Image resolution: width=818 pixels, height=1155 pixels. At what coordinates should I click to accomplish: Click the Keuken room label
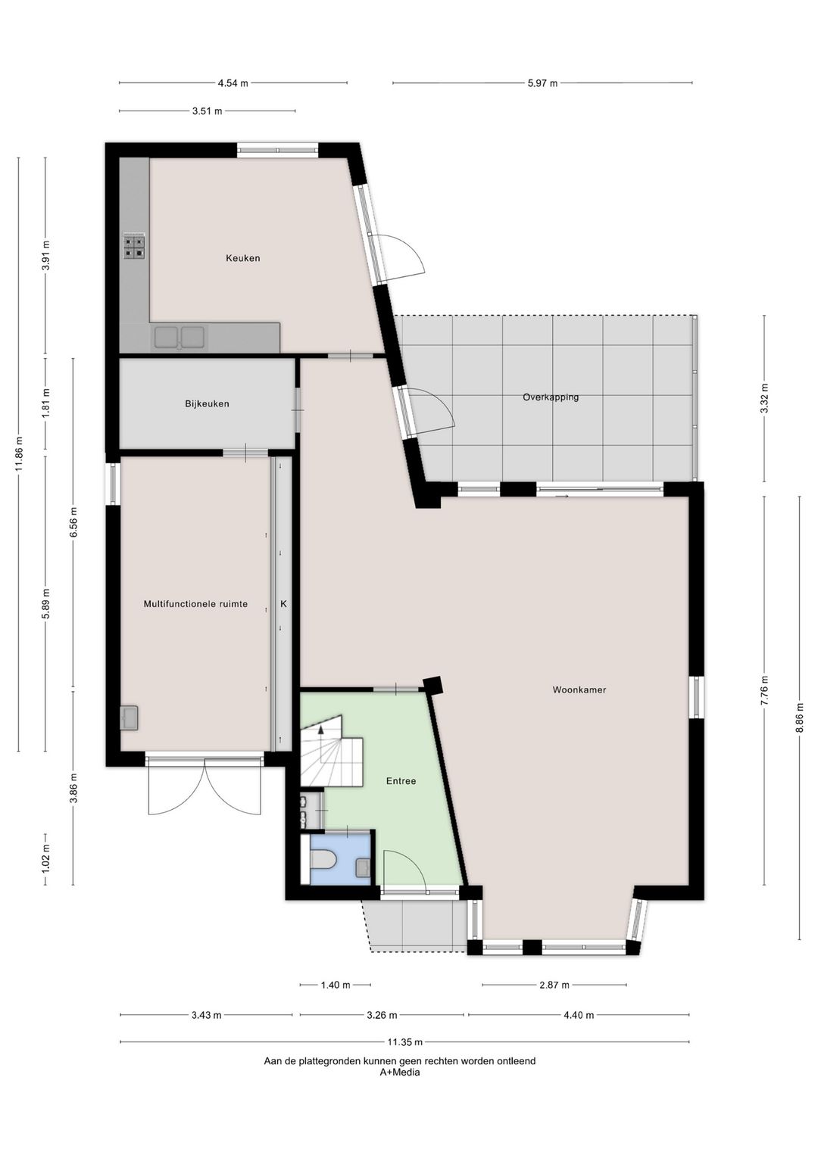click(242, 258)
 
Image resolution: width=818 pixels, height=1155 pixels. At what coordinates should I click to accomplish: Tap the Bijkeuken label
click(207, 404)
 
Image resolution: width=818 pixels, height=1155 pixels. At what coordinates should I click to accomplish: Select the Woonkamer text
click(579, 690)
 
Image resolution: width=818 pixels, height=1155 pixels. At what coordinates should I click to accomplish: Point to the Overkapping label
click(551, 397)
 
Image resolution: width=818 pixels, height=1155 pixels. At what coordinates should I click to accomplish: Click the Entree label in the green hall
click(401, 781)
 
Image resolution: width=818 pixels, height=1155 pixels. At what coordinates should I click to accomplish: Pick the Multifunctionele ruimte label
click(195, 604)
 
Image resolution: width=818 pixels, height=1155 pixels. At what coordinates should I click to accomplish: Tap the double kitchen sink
click(180, 337)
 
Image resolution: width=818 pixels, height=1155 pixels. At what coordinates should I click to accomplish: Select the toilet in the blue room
click(324, 861)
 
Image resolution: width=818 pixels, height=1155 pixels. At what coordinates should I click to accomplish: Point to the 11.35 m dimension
click(404, 1042)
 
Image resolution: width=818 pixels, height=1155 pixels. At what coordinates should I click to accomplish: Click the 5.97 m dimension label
click(542, 83)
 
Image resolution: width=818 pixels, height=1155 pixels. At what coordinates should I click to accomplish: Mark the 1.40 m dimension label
click(335, 985)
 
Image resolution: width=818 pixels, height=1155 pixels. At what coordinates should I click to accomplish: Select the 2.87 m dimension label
click(554, 985)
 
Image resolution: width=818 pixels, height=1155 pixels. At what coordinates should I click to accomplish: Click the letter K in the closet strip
click(283, 604)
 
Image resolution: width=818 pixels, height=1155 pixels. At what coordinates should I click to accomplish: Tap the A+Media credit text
click(399, 1072)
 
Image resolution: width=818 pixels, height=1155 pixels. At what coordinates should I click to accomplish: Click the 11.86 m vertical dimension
click(19, 454)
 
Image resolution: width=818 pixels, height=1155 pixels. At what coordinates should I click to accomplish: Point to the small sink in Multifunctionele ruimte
click(129, 717)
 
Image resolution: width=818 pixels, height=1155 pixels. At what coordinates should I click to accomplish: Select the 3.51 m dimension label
click(207, 111)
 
